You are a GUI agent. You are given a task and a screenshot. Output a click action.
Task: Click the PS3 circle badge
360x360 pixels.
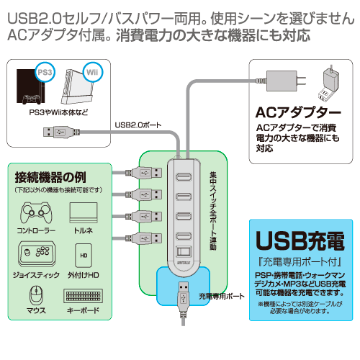coord(45,72)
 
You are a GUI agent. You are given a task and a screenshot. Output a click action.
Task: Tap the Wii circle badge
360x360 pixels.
coord(93,72)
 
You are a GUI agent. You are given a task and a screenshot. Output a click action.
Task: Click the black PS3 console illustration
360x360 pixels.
coord(30,87)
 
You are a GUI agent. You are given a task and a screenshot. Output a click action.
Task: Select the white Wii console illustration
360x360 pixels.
coord(77,87)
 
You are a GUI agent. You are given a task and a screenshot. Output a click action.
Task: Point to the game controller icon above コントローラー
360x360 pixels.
coord(36,212)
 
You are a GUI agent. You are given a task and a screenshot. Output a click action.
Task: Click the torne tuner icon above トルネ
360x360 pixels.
coord(84,212)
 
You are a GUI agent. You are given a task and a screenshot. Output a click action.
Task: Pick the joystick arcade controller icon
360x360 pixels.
coord(37,254)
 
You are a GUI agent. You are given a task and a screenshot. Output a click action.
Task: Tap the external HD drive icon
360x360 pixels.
coord(84,256)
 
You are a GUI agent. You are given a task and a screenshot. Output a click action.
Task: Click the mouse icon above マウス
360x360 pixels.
coord(36,294)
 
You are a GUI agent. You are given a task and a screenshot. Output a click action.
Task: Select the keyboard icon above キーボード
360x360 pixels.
coord(83,296)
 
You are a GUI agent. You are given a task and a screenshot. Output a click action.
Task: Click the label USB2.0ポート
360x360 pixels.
coord(138,125)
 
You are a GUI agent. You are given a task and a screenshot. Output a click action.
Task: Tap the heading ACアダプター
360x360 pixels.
coord(298,112)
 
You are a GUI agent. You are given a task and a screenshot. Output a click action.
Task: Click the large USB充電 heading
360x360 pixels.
coord(300,241)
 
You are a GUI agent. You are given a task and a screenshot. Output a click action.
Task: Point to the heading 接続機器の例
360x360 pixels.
coord(50,177)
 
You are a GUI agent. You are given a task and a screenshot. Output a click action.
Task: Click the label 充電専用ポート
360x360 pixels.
coord(221,296)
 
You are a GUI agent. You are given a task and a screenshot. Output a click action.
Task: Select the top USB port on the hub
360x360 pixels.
coord(184,177)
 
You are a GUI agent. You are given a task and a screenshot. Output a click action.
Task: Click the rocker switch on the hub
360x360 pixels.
coord(184,252)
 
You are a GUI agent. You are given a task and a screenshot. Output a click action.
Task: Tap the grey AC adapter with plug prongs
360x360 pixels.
coord(283,81)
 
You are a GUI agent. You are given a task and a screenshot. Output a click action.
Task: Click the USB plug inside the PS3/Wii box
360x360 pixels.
coord(61,132)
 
